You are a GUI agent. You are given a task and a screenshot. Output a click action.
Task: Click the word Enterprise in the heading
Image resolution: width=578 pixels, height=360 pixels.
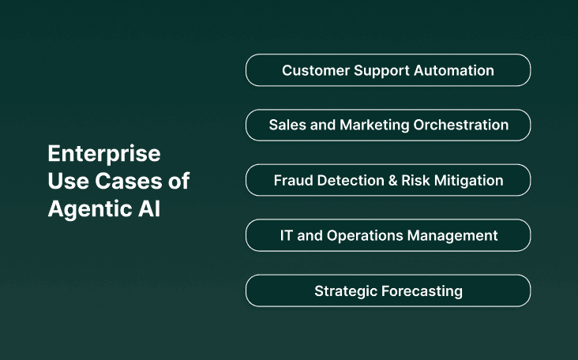[x=103, y=152]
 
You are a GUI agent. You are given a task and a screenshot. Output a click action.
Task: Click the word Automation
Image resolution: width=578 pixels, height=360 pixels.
[x=455, y=70]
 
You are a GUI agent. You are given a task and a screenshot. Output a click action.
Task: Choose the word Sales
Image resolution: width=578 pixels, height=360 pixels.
[x=286, y=125]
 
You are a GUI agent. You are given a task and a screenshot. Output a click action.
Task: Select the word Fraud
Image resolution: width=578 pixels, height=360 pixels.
[x=292, y=180]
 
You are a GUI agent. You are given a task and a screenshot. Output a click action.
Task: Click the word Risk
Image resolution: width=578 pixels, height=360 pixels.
[x=415, y=180]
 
